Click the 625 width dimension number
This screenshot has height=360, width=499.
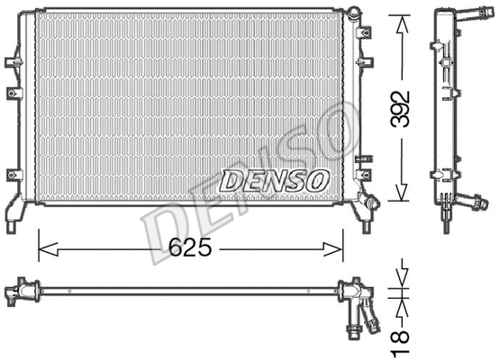pyautogui.click(x=191, y=244)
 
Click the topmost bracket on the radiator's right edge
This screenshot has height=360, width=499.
pyautogui.click(x=364, y=32)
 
